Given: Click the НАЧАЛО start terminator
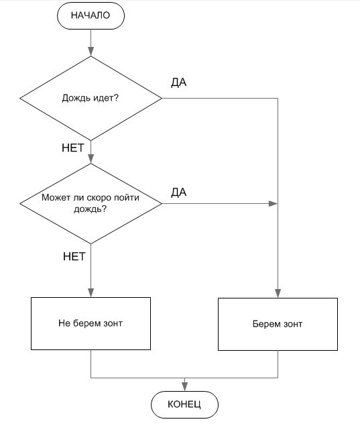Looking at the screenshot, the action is (91, 16).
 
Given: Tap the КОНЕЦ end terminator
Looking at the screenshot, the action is (184, 404).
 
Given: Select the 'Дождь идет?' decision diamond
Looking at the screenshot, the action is (91, 99).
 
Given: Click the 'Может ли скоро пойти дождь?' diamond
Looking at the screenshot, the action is (91, 203).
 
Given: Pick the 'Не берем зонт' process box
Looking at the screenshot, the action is (91, 323).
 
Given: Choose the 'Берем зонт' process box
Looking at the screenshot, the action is (278, 324).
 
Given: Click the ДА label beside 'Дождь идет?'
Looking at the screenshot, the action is (178, 82).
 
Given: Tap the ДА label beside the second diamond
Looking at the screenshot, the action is (178, 192).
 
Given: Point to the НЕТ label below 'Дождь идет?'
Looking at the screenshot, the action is (72, 148).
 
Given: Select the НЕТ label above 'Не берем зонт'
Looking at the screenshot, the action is (74, 256).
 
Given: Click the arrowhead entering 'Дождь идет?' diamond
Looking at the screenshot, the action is (91, 52).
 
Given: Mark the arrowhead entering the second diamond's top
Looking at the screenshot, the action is (91, 159).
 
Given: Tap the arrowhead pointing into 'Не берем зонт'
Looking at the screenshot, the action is (91, 292).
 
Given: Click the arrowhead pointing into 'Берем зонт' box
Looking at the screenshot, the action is (278, 293).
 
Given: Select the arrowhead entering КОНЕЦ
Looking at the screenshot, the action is (184, 386).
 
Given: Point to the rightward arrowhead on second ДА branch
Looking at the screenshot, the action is (274, 203).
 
